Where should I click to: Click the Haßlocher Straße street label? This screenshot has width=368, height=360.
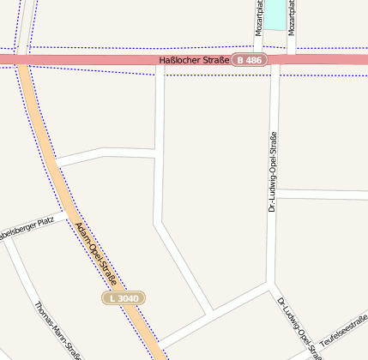[194, 60]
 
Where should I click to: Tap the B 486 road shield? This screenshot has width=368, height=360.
[250, 60]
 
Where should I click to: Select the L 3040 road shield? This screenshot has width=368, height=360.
[124, 297]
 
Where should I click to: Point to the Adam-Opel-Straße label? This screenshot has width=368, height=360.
[96, 253]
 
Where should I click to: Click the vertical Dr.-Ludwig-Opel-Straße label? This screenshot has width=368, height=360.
[272, 171]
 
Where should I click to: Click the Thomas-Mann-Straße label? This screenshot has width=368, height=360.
[57, 330]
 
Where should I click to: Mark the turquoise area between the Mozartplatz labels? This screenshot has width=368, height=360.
[274, 13]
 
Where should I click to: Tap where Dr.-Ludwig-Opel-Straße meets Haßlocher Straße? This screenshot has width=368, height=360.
[274, 60]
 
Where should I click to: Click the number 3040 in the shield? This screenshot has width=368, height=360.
[128, 297]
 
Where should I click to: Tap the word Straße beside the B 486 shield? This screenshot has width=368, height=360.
[216, 60]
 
